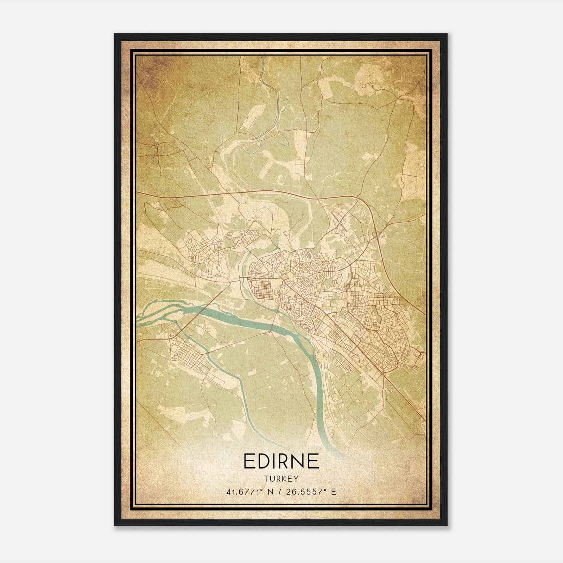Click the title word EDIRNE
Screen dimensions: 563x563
281,461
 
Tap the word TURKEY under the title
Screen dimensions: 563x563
281,479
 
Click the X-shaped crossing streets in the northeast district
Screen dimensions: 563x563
339,221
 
